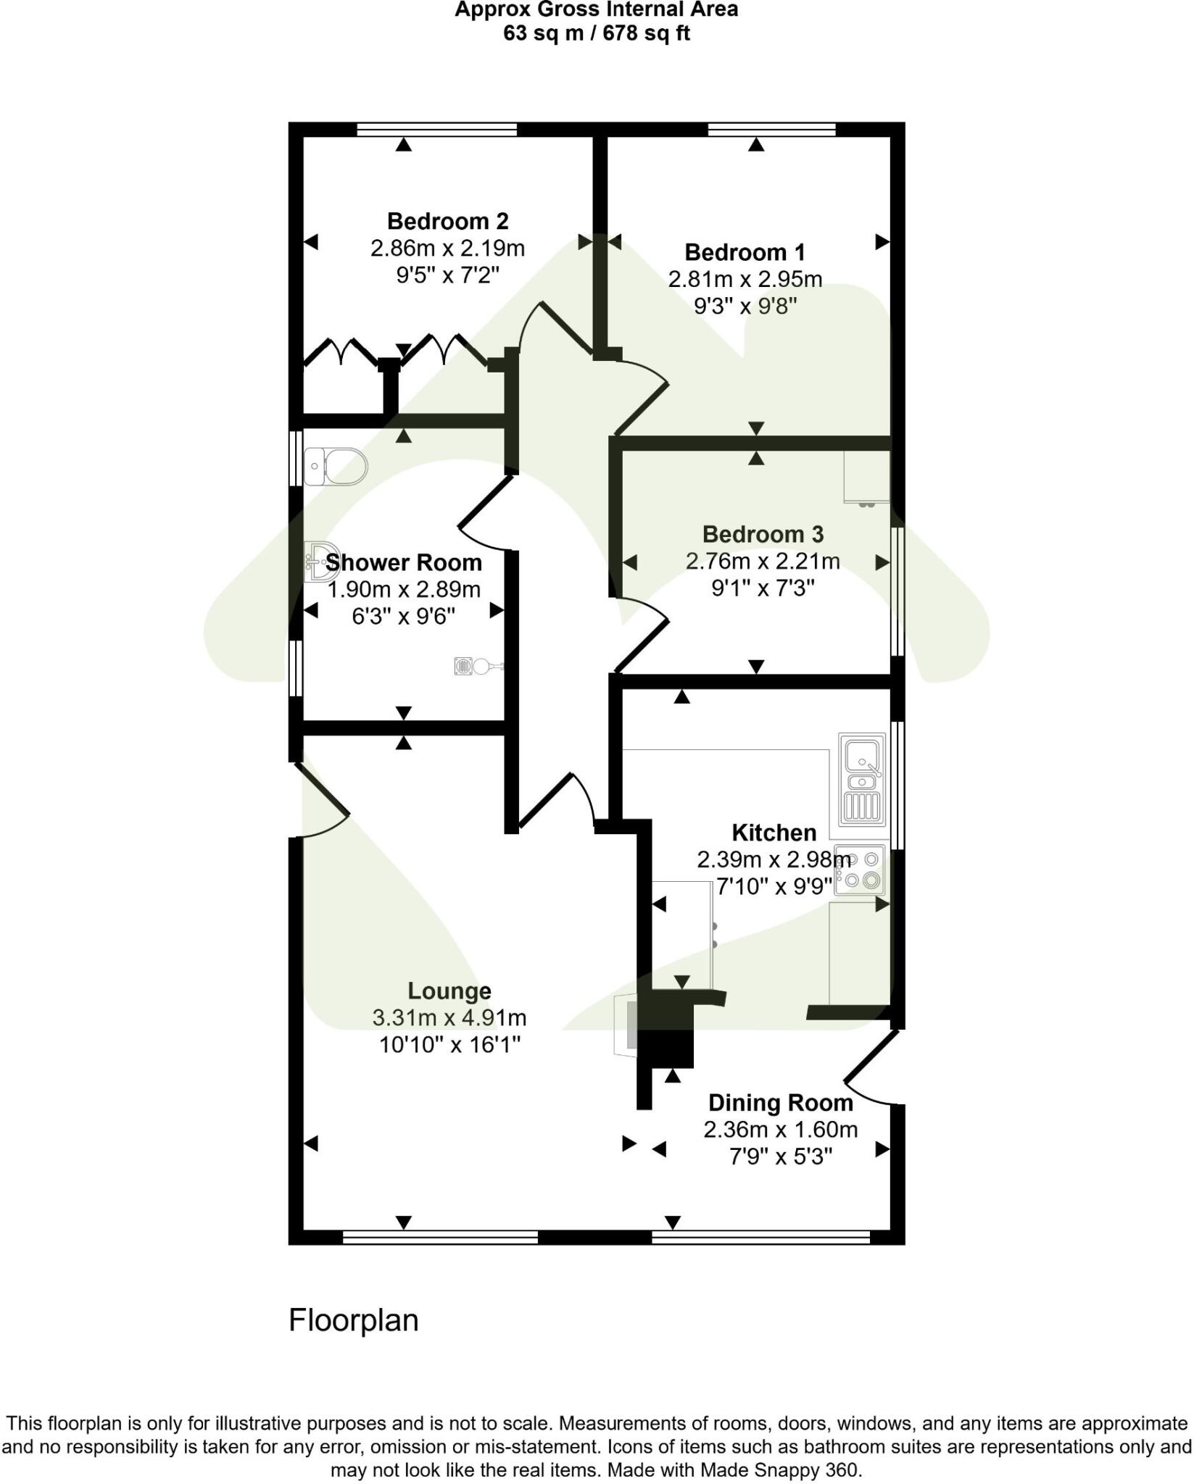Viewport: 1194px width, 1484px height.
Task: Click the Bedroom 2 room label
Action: (447, 221)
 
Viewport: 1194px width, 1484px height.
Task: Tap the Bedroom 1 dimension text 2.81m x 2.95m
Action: (745, 279)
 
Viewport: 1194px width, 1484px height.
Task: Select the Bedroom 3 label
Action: (763, 535)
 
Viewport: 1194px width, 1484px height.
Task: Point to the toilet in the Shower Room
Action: (336, 465)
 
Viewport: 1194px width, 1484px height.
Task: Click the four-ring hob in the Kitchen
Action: (861, 870)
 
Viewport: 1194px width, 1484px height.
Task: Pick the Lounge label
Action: (449, 991)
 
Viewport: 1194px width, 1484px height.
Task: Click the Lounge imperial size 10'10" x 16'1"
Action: (449, 1045)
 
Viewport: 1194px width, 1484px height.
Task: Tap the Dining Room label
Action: (780, 1103)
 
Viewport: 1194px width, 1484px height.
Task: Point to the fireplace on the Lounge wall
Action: (626, 1025)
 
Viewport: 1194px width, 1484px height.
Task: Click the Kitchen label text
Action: (774, 833)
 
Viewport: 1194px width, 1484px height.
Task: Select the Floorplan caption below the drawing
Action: (354, 1320)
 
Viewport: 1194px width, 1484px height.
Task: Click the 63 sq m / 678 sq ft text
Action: (596, 33)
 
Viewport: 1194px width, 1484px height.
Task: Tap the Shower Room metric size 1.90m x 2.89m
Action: (404, 590)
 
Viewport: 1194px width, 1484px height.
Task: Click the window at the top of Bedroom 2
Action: (437, 130)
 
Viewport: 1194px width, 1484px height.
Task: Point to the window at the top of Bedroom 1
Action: (771, 130)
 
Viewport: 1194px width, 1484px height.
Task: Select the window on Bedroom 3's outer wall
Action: (897, 591)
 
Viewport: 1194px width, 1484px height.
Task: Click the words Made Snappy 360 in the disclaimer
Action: (779, 1470)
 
